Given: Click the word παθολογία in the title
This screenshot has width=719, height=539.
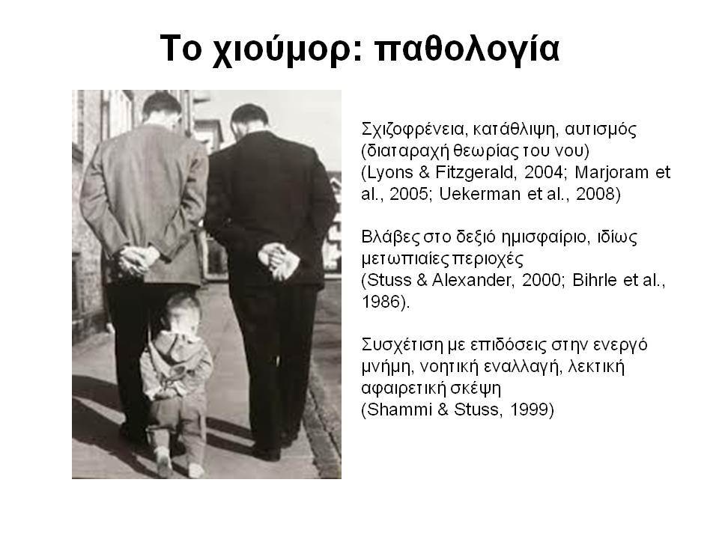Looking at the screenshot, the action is [467, 49].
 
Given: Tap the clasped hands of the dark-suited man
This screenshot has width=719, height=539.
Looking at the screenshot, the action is [279, 261].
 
